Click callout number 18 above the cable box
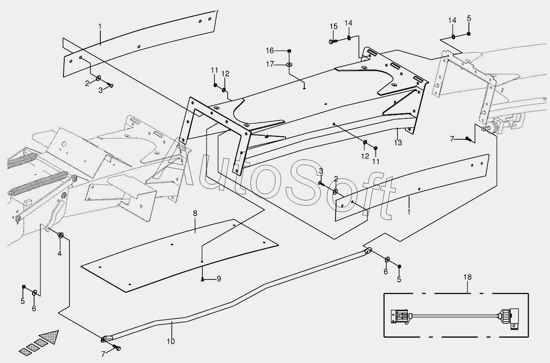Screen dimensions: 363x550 467,277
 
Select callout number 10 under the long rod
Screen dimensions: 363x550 171,341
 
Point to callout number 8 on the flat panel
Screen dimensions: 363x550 195,213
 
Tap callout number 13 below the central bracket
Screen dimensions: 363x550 397,143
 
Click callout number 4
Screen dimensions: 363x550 59,253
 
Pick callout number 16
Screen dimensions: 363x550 270,50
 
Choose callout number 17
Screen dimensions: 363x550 270,64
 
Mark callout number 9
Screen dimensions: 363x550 219,279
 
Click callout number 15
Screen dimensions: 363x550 334,27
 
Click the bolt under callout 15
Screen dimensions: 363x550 332,41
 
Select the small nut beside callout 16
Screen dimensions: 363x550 289,51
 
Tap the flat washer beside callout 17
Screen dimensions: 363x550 289,64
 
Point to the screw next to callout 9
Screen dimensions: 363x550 203,279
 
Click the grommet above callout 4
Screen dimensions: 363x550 61,235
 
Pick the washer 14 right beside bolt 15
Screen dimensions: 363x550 348,38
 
